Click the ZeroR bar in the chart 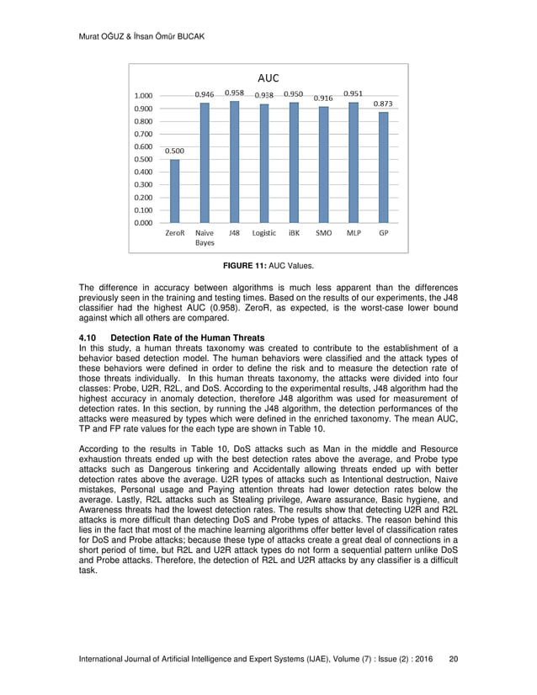[x=175, y=191]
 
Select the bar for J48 [x=234, y=162]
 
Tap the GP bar [x=383, y=167]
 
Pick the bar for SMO [x=323, y=164]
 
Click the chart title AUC [x=268, y=77]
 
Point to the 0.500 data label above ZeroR [x=175, y=151]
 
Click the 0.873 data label [x=384, y=103]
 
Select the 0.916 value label [x=324, y=98]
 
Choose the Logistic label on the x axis [x=263, y=233]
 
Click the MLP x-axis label [x=354, y=233]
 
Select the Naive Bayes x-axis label [x=205, y=237]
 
